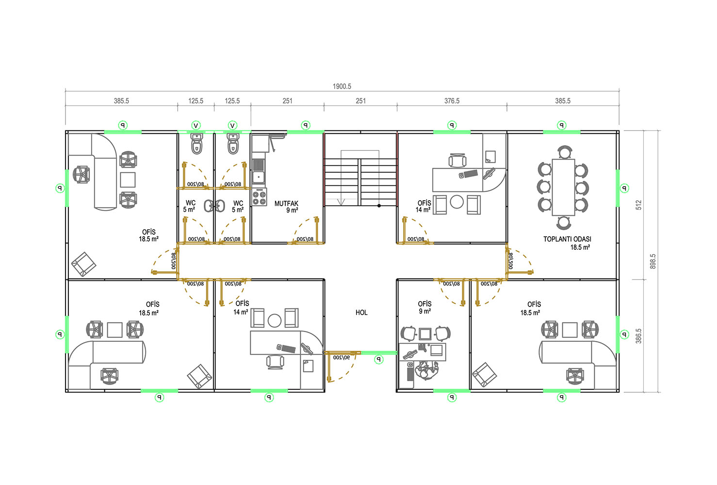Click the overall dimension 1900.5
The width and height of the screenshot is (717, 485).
coord(342,86)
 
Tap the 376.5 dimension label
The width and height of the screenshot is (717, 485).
coord(452,101)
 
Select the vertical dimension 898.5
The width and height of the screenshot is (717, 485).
coord(653,261)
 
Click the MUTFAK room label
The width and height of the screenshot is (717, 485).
coord(287,204)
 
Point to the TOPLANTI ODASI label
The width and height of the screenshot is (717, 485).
coord(567,239)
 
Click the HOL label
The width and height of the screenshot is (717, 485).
coord(361,312)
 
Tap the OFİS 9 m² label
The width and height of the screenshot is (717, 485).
coord(425,307)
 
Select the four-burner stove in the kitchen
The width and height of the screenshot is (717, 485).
coord(259,197)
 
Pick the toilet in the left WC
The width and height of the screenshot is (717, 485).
coord(196,144)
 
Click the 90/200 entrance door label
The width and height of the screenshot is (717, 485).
coord(341,357)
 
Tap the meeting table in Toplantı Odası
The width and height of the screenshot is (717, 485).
coord(563,187)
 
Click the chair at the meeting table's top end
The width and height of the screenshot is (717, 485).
coord(564,152)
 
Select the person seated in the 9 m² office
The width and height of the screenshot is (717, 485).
coord(427,371)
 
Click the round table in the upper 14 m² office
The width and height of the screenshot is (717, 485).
coord(457,202)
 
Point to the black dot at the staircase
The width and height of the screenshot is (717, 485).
coord(379,206)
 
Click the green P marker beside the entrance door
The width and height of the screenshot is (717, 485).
coord(379,359)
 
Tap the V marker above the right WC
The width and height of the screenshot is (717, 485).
coord(233,126)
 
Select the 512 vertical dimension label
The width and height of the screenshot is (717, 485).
coord(638,205)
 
